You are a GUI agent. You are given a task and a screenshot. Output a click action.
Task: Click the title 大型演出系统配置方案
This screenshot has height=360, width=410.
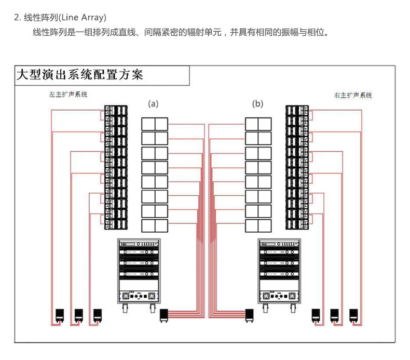79,75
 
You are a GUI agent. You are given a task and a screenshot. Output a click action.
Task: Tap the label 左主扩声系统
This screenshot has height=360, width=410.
68,95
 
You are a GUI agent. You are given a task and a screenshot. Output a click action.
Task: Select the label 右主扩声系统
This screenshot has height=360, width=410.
353,95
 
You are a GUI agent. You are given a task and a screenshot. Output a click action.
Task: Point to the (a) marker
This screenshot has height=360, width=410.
153,103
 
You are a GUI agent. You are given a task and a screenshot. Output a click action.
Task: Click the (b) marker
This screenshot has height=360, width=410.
258,103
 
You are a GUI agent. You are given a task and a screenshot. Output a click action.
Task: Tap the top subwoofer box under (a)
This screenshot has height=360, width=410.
155,124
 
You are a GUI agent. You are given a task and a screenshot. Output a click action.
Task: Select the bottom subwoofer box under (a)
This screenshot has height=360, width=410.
155,226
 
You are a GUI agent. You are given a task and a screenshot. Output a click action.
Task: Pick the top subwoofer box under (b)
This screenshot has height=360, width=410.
258,124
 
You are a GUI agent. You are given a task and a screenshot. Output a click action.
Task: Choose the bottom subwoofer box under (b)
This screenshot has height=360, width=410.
258,226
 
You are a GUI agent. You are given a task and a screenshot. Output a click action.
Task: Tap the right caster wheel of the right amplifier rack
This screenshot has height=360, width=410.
293,308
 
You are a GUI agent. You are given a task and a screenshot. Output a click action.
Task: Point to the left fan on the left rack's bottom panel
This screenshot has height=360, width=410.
125,296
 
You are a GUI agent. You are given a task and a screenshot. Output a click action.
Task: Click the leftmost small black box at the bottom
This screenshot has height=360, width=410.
60,315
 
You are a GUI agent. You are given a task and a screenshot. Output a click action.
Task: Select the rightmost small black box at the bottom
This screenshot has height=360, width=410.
354,315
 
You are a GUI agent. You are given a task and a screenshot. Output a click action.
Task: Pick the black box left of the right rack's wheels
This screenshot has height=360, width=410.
249,315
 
